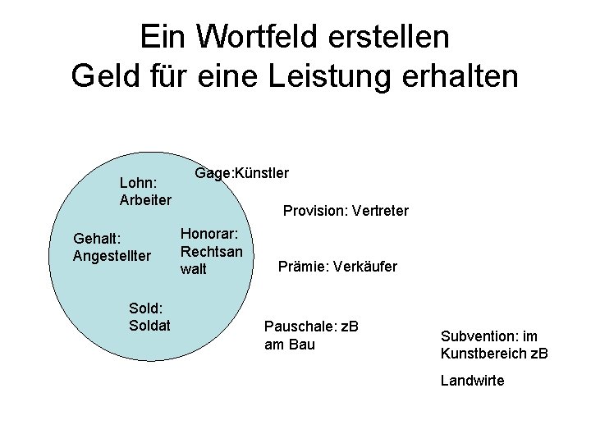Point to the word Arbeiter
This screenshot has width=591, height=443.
[x=145, y=199]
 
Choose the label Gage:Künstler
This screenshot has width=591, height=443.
[x=241, y=173]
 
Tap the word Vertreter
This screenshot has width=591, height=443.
[x=379, y=212]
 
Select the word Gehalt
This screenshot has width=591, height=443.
[x=97, y=239]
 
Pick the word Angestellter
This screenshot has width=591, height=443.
[x=112, y=256]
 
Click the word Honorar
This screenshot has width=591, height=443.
[x=209, y=234]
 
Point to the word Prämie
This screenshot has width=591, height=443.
[x=301, y=267]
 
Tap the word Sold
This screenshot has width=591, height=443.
[x=145, y=308]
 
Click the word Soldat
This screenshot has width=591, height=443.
[x=149, y=326]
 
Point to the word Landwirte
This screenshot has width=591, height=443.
[x=472, y=381]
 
